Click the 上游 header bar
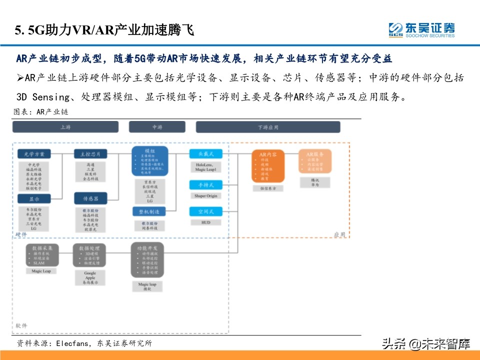[65, 127]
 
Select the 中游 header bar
[157, 127]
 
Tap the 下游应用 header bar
[268, 127]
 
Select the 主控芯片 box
[90, 153]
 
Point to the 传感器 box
[90, 199]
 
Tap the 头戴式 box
[206, 154]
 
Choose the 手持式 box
[206, 185]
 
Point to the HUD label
[206, 222]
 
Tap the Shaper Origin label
[206, 195]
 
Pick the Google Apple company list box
[90, 277]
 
